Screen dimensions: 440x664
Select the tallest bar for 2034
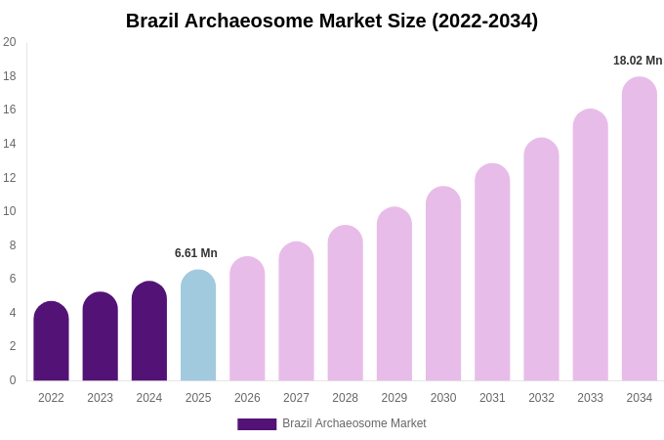[x=640, y=229]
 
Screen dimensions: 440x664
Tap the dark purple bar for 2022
[x=51, y=341]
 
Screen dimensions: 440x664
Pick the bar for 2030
[x=443, y=284]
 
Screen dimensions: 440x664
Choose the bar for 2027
[x=296, y=311]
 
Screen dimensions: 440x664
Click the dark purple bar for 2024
[x=149, y=331]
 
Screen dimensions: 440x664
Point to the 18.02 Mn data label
[x=638, y=61]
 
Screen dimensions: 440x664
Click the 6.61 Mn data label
[x=196, y=253]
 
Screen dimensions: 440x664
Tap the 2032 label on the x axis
[x=541, y=398]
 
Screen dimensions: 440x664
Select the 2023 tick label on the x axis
[x=100, y=398]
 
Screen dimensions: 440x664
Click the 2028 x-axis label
[x=345, y=398]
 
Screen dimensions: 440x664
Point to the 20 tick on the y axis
[x=10, y=42]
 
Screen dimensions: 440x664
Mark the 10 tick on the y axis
[x=10, y=211]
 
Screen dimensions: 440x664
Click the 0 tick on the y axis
[x=13, y=380]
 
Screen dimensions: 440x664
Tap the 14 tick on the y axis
[x=10, y=144]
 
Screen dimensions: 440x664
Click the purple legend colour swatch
[x=257, y=424]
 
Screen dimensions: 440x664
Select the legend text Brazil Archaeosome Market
[x=354, y=423]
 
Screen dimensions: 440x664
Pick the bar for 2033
[x=590, y=244]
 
